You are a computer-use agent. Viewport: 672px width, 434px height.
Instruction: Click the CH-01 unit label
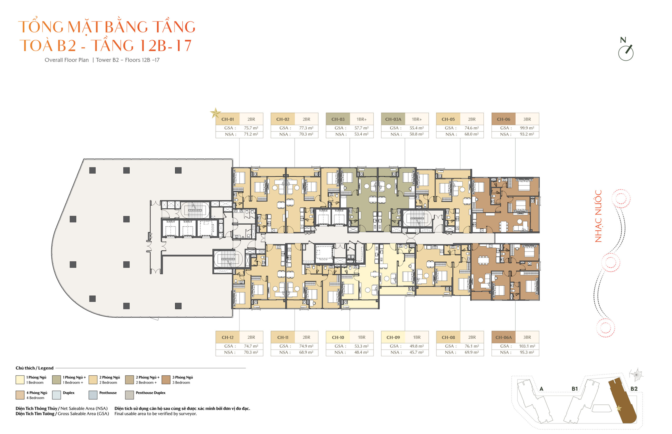(x=228, y=119)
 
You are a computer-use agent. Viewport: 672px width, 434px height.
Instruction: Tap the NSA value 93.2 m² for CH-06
(x=527, y=134)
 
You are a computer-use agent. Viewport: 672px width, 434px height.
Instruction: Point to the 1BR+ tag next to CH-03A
(x=416, y=119)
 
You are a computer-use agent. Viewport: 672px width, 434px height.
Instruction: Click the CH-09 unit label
(x=393, y=337)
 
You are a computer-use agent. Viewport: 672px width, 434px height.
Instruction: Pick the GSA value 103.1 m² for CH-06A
(x=527, y=346)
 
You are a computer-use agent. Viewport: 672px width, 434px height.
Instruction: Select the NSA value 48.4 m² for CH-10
(x=361, y=352)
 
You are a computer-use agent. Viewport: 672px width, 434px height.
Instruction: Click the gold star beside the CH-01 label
(x=215, y=113)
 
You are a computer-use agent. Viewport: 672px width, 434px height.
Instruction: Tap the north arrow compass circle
(x=626, y=53)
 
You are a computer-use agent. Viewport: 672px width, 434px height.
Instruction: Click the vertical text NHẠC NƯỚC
(x=598, y=216)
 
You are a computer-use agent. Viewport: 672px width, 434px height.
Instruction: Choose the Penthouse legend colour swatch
(x=93, y=395)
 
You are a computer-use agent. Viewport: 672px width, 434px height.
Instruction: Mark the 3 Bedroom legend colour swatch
(x=166, y=379)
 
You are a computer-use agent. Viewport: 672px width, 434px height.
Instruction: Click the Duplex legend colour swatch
(x=56, y=395)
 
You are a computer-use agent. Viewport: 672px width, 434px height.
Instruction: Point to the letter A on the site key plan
(x=541, y=389)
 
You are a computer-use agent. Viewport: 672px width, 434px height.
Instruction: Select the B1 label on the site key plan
(x=574, y=389)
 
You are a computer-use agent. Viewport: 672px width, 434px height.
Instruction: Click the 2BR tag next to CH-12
(x=251, y=337)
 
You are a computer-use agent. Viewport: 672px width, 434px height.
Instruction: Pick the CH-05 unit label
(x=448, y=119)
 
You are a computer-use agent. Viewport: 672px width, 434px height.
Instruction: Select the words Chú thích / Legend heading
(x=34, y=368)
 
